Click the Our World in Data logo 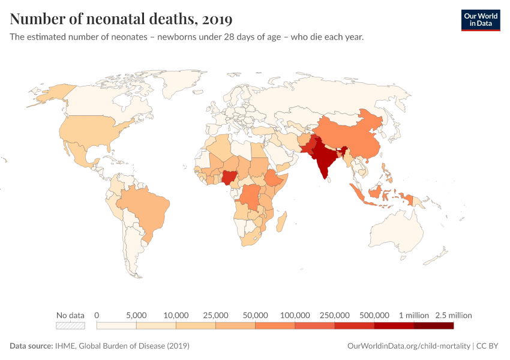tap(480, 19)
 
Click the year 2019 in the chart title tap(217, 19)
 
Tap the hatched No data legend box tap(70, 326)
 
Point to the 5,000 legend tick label tap(136, 315)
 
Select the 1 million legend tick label tap(414, 315)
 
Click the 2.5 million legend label tap(454, 315)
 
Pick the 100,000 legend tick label tap(295, 315)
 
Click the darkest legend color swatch tap(433, 326)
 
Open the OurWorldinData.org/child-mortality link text tap(409, 346)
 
